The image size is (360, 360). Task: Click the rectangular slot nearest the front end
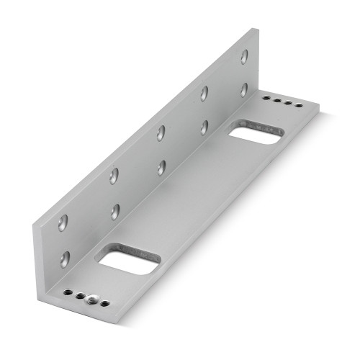coord(127,260)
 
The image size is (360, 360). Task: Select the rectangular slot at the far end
coord(254,132)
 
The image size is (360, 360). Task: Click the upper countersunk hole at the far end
coord(244,56)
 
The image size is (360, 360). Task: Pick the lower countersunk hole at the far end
coord(244,89)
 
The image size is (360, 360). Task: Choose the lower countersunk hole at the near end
coord(65,259)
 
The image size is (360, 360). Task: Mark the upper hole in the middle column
coord(161,132)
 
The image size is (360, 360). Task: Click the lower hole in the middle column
coord(161,167)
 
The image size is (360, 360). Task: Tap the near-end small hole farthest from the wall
coord(104,303)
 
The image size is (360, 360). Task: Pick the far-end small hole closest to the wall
coord(266,96)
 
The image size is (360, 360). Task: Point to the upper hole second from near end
coord(114,176)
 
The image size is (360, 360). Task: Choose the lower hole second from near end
coord(114,212)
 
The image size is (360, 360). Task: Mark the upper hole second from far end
coord(204,93)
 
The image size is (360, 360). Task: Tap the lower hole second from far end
coord(204,127)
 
